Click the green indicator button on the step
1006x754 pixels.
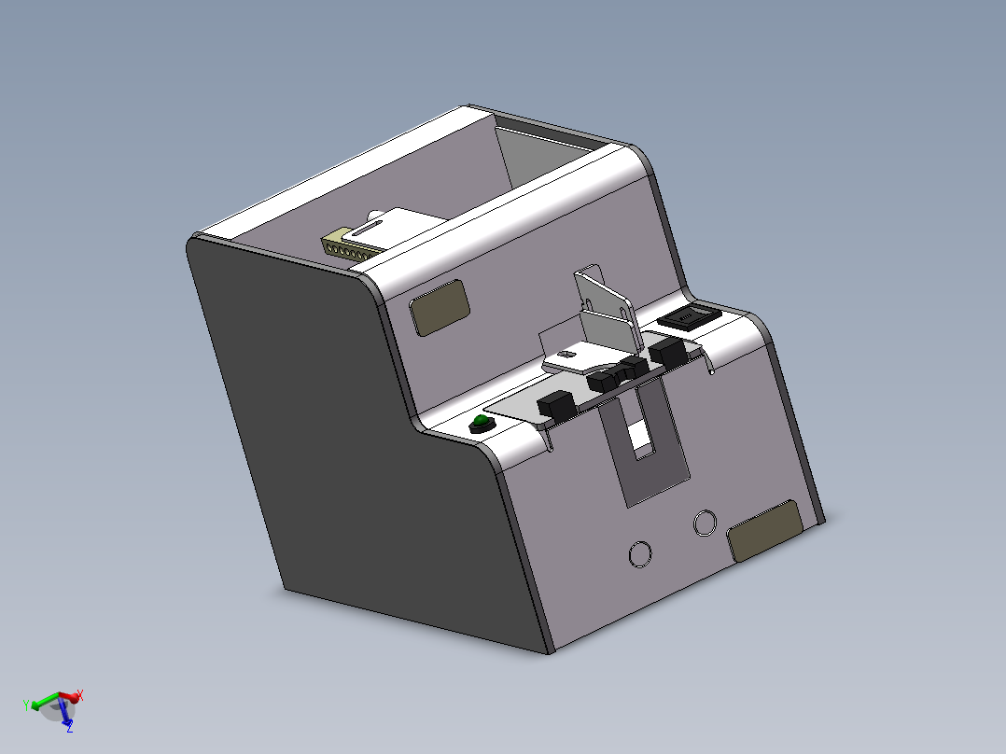click(480, 425)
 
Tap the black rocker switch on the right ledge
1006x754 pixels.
click(689, 318)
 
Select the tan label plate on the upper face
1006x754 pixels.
click(440, 307)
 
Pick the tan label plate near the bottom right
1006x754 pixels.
click(764, 530)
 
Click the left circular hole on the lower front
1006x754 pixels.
click(640, 553)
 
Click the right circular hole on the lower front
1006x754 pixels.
click(706, 524)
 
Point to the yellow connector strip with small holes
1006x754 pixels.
click(343, 246)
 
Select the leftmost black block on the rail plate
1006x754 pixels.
click(557, 406)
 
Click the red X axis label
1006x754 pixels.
click(80, 695)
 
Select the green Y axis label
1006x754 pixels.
click(27, 704)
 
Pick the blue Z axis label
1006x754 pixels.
click(69, 727)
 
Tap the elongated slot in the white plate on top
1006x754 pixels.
click(371, 223)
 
